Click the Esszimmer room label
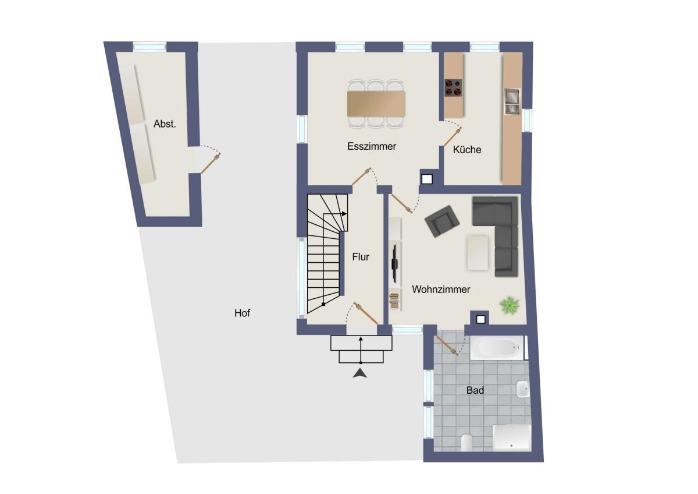372,146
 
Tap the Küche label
466,150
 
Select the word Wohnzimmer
441,290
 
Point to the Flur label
361,257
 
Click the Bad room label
475,390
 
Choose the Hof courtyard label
242,313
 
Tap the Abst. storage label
165,124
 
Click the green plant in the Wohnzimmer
509,305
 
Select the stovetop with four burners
453,88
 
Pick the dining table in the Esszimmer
376,104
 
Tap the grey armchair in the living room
442,221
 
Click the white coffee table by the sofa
478,252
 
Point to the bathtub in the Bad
497,348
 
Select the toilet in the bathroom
466,442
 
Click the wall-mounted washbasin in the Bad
522,389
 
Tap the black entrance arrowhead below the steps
360,373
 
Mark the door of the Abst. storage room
211,163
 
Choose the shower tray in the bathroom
511,437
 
